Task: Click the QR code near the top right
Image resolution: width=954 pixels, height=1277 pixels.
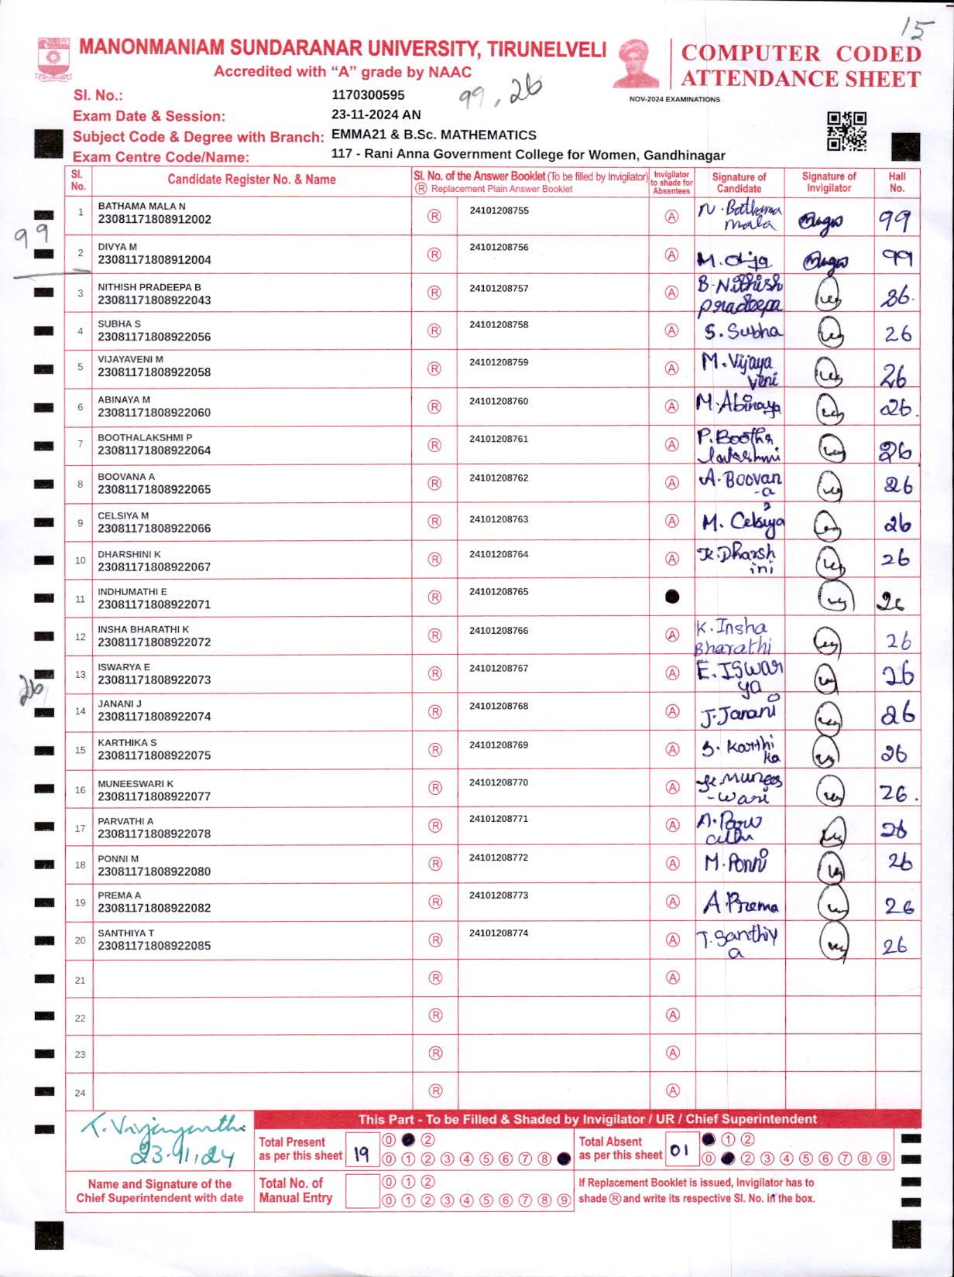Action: [x=846, y=132]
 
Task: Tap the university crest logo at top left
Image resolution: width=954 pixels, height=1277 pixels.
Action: [x=54, y=59]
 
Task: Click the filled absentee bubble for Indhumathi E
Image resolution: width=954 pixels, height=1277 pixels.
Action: [x=672, y=597]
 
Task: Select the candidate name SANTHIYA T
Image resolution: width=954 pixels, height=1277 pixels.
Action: [x=125, y=933]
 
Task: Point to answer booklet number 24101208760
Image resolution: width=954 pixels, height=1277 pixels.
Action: [x=499, y=402]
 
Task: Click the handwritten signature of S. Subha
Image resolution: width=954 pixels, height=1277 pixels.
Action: [x=742, y=332]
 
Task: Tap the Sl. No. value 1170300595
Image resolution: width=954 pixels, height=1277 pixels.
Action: [x=368, y=95]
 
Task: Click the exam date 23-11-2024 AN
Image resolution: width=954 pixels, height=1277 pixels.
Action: [x=376, y=115]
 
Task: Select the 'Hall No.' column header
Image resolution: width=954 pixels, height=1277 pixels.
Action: [x=897, y=182]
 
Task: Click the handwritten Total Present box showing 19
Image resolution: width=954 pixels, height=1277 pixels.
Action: [x=362, y=1154]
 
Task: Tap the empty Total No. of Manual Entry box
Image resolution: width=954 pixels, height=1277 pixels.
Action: [x=362, y=1191]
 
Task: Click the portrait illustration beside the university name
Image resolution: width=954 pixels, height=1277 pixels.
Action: [x=637, y=63]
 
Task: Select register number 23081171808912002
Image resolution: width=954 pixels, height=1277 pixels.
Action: [x=154, y=220]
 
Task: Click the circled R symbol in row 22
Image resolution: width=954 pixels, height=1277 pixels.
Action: [x=435, y=1015]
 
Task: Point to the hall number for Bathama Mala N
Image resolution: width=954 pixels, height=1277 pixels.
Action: [x=894, y=221]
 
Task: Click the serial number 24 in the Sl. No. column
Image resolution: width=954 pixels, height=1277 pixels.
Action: [x=80, y=1093]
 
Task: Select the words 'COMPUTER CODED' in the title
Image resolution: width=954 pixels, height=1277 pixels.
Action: [x=801, y=53]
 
